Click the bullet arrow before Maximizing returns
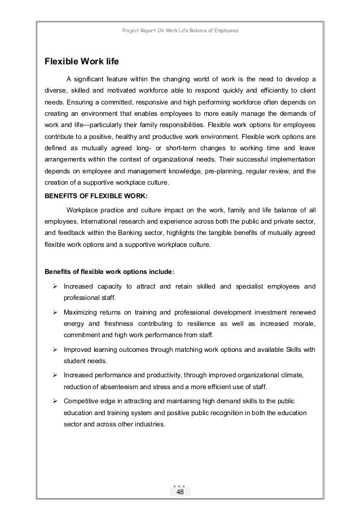(56, 312)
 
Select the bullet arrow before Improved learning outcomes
(56, 349)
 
